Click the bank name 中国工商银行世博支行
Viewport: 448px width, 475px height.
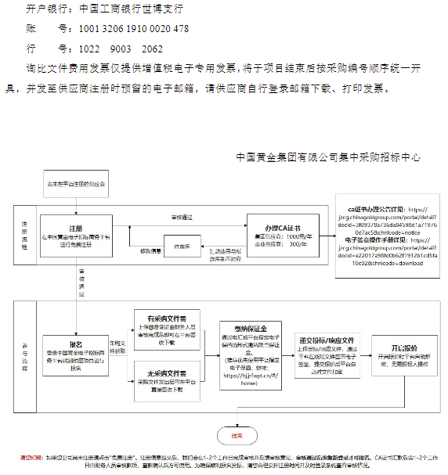131,9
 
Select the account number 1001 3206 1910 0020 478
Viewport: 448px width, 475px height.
134,29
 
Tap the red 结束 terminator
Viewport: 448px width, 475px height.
237,435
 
